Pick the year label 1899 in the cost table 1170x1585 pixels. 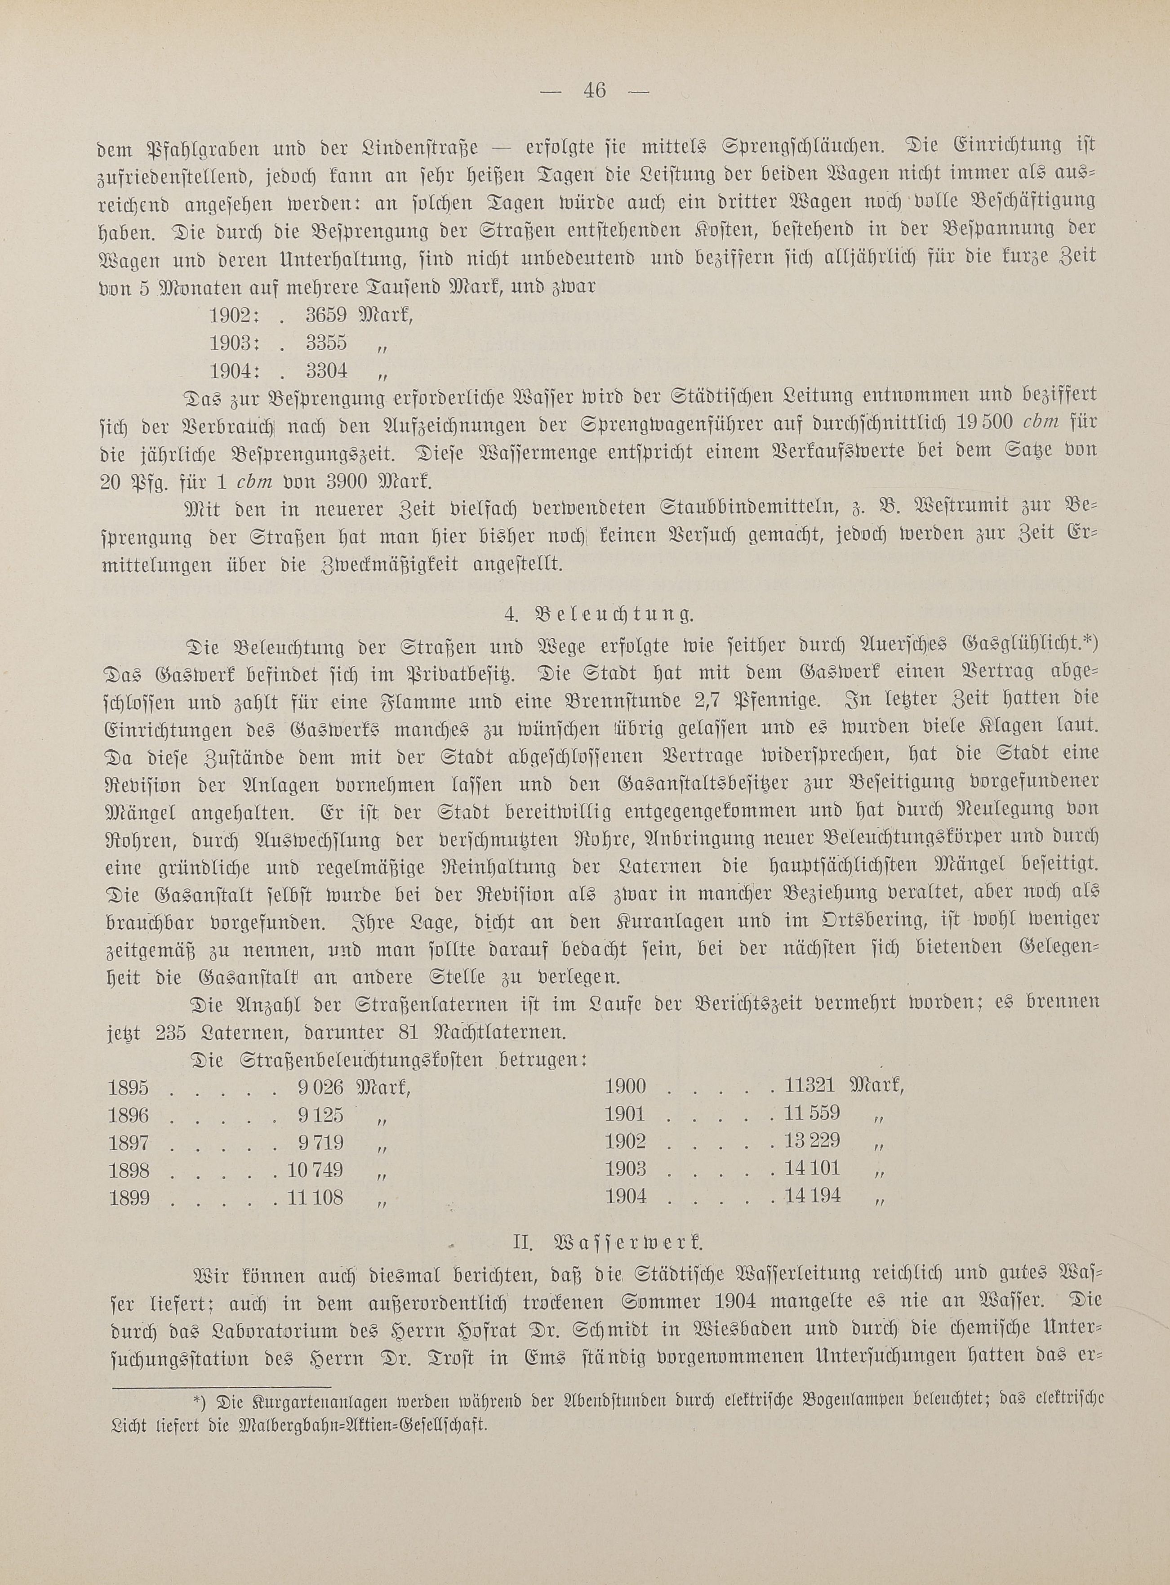click(129, 1198)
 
